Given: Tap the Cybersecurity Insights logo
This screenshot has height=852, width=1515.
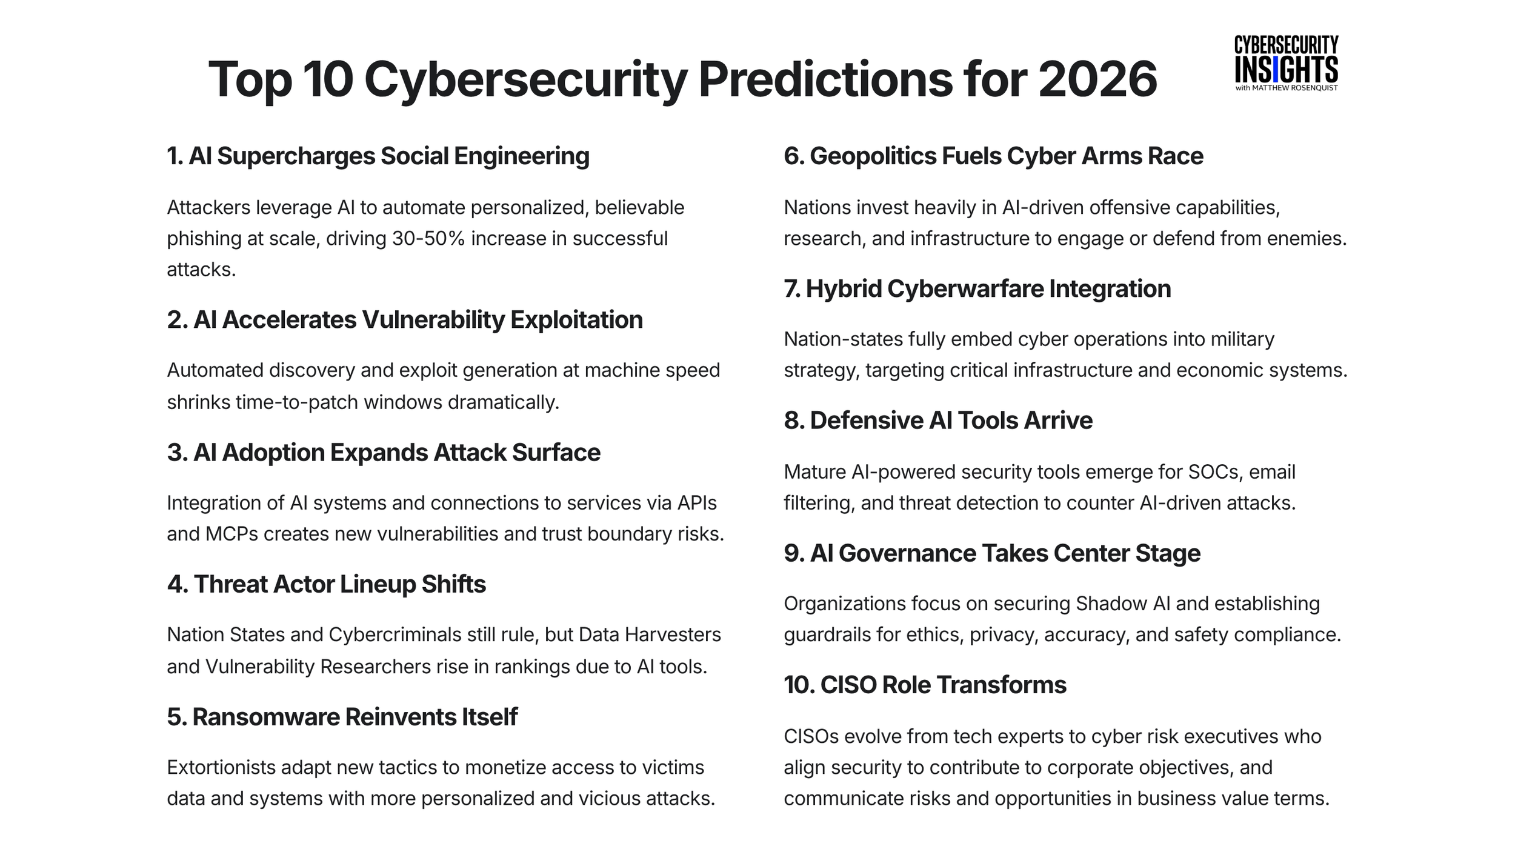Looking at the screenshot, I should pyautogui.click(x=1286, y=64).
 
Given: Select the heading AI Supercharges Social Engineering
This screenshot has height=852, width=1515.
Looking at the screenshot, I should pyautogui.click(x=378, y=156).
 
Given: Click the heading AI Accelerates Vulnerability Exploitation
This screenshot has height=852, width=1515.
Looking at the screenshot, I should pyautogui.click(x=404, y=320).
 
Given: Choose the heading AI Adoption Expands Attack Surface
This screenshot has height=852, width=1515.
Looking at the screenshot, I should pyautogui.click(x=383, y=453).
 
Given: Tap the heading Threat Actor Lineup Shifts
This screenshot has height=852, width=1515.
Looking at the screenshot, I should pyautogui.click(x=326, y=584).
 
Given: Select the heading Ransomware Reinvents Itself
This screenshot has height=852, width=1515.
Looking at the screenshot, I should pyautogui.click(x=342, y=717).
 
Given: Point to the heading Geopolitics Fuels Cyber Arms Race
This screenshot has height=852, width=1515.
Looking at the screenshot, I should pyautogui.click(x=993, y=156).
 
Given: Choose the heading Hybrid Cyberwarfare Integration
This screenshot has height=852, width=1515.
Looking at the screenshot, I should pyautogui.click(x=977, y=288).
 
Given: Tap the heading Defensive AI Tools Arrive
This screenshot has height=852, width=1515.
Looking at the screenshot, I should pyautogui.click(x=937, y=421).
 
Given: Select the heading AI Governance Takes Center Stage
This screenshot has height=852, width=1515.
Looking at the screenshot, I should pyautogui.click(x=991, y=553).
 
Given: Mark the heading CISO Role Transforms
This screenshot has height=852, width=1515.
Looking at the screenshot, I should pyautogui.click(x=925, y=685).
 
